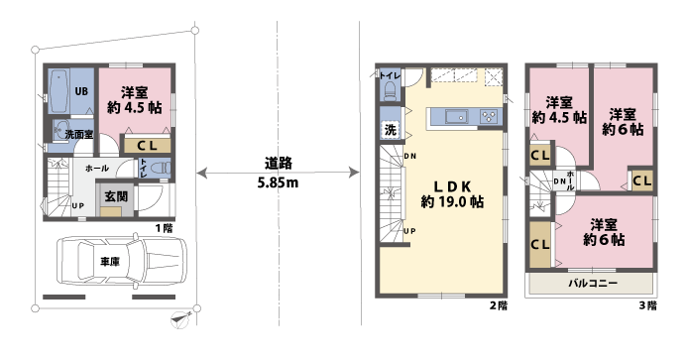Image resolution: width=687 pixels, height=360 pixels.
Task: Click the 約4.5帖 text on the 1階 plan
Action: point(135,108)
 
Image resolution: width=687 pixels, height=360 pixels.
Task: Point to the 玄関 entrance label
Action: point(116,196)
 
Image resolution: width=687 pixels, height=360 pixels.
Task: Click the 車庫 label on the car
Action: point(110,262)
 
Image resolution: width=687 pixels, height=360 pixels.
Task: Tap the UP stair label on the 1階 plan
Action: point(77,205)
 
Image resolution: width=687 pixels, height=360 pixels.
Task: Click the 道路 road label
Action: point(278,164)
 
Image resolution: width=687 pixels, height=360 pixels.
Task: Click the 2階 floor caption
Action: point(498,305)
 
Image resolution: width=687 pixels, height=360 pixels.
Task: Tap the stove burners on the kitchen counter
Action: point(490,117)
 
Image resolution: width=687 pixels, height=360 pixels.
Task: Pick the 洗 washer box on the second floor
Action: point(390,130)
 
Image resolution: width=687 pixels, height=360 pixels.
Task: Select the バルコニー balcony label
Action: point(593,283)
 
